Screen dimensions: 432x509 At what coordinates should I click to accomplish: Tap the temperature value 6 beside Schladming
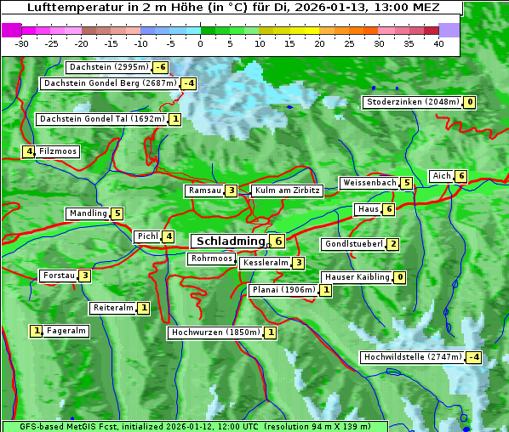tap(277, 242)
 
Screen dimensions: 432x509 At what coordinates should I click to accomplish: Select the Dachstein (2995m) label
tap(108, 67)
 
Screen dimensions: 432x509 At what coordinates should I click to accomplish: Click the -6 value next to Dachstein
tap(160, 67)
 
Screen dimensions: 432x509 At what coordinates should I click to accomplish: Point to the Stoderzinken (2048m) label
tap(412, 102)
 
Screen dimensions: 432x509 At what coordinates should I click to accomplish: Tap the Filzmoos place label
tap(58, 151)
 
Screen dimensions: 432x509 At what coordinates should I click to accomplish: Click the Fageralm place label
tap(66, 331)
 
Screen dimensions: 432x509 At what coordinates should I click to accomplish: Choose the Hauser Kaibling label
tap(357, 277)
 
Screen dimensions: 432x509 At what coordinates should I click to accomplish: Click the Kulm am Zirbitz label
tap(287, 190)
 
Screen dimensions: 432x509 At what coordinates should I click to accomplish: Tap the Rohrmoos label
tap(212, 259)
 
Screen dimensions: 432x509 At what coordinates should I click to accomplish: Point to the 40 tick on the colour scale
tap(438, 43)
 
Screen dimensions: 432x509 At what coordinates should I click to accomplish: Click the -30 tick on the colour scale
tap(22, 43)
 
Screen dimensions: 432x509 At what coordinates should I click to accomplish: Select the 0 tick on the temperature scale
tap(200, 43)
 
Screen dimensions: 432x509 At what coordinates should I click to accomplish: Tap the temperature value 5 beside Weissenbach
tap(407, 183)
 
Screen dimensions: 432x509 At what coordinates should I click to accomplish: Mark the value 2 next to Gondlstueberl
tap(392, 244)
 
